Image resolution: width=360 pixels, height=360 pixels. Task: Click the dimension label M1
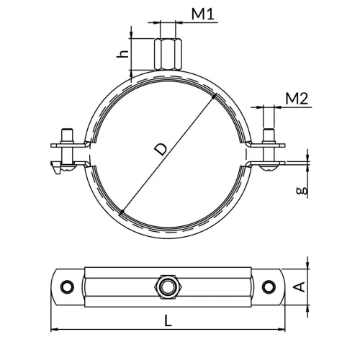tap(202, 14)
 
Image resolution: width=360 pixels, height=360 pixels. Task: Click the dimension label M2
tap(297, 99)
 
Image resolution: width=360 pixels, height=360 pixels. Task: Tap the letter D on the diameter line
tap(160, 149)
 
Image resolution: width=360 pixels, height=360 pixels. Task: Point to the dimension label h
tap(122, 54)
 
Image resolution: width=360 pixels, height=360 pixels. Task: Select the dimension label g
tap(302, 191)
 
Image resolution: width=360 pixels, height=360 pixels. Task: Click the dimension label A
tap(300, 287)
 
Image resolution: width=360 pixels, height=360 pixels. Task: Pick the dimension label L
tap(168, 320)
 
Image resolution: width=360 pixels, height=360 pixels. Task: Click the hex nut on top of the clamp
tap(168, 54)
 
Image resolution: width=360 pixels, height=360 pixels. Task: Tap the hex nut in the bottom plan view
tap(168, 287)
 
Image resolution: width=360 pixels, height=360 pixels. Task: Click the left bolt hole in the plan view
tap(68, 287)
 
